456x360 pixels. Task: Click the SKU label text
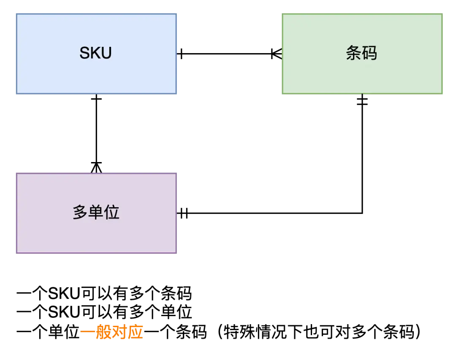click(95, 53)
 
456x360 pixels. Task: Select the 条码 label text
click(361, 53)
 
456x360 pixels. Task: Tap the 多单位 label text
click(96, 212)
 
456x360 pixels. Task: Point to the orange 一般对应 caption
click(112, 333)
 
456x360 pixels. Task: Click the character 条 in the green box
click(353, 53)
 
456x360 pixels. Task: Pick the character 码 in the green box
click(369, 53)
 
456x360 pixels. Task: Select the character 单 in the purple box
click(96, 212)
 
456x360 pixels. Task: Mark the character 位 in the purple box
click(112, 212)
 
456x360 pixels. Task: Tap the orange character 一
click(87, 333)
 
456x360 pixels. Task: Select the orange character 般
click(103, 333)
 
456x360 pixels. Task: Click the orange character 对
click(120, 333)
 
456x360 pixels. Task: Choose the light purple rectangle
click(51, 236)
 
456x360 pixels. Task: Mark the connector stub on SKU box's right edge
click(178, 54)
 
